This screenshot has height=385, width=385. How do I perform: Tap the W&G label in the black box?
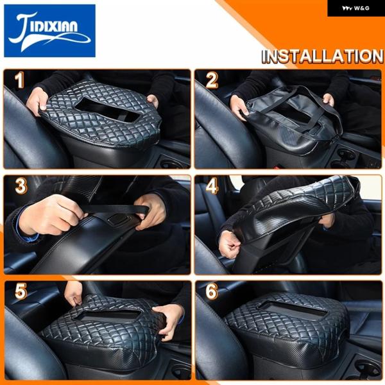point(355,8)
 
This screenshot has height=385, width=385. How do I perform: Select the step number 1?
point(19,80)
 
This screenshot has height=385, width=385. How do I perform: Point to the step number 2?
point(211,80)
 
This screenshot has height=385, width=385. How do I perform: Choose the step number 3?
point(21,186)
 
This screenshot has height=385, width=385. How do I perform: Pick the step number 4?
point(212,186)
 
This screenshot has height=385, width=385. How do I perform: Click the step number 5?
point(21,291)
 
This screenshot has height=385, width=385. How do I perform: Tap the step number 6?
point(212,291)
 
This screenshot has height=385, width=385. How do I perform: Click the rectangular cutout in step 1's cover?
point(107,110)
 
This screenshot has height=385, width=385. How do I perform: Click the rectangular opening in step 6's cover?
point(294,310)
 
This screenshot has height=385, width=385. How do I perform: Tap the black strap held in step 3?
point(116,209)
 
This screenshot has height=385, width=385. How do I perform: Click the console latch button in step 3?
point(115,219)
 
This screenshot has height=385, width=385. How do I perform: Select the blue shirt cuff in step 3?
point(29,237)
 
